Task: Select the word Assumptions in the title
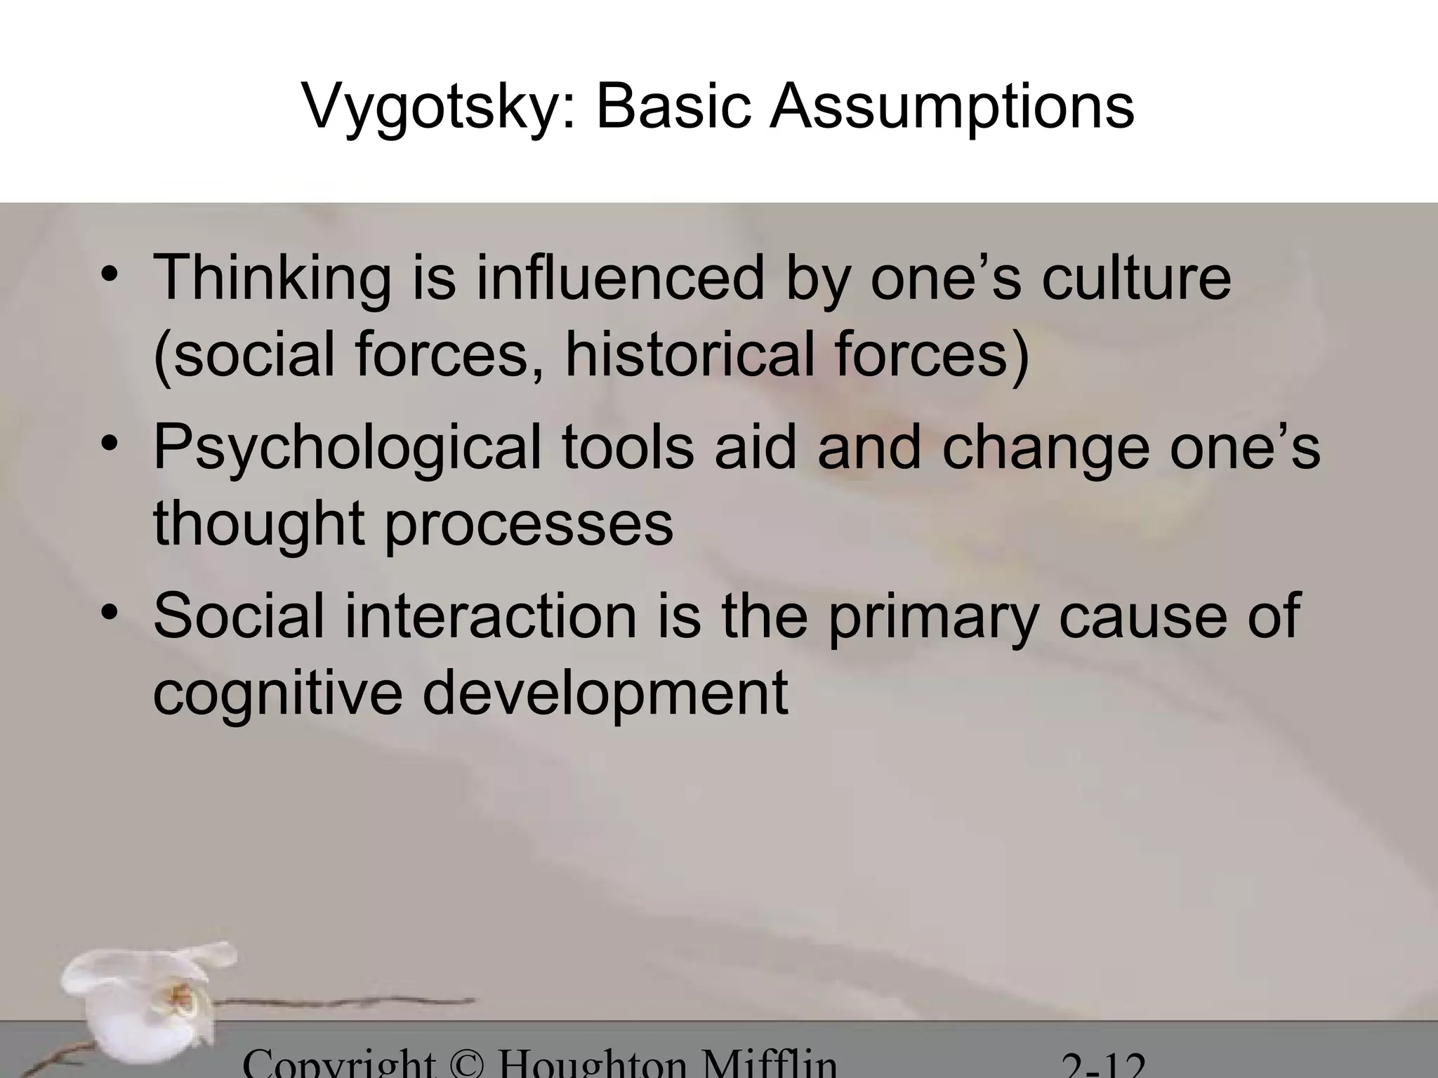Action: [x=951, y=107]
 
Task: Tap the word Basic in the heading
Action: [x=673, y=107]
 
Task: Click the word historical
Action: [x=690, y=354]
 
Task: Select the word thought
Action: [x=259, y=525]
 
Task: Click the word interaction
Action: [x=490, y=615]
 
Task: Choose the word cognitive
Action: [x=278, y=693]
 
